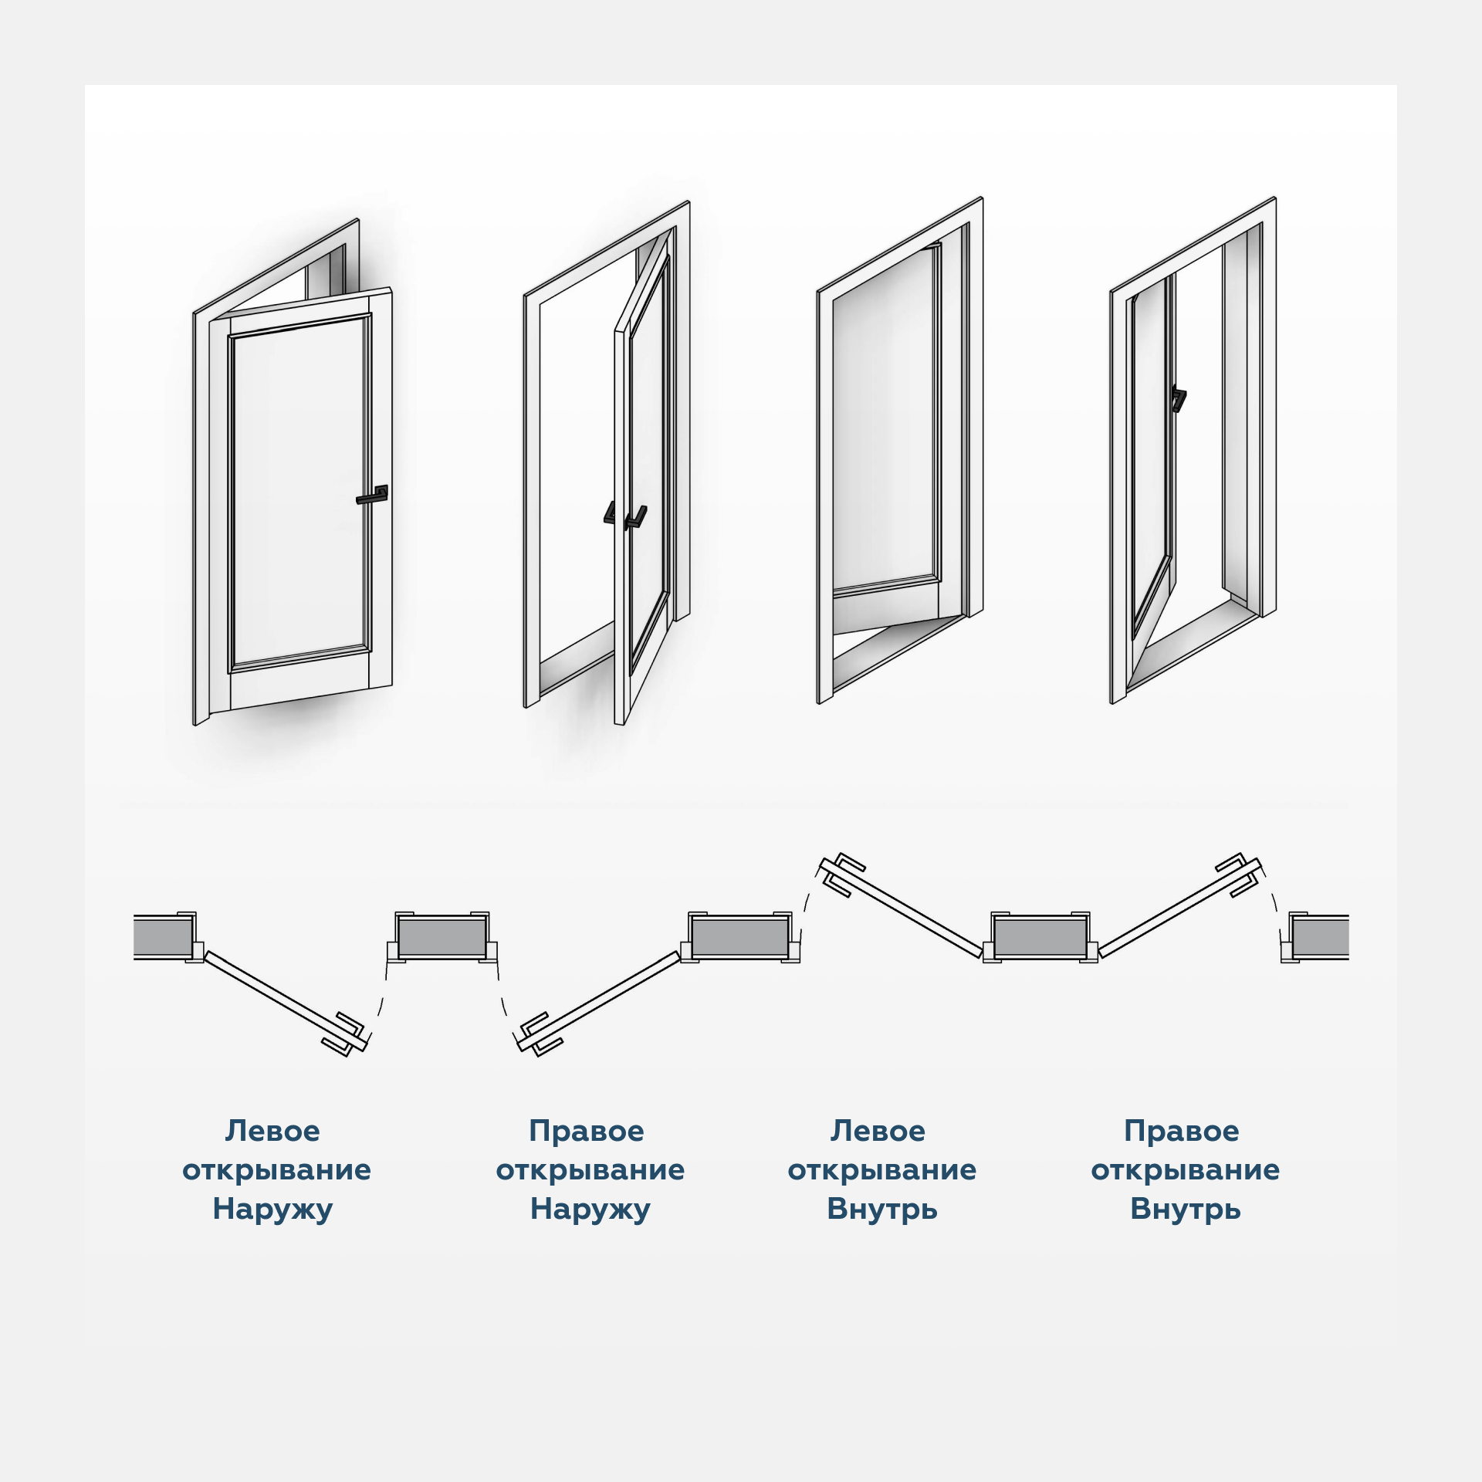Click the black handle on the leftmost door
pyautogui.click(x=373, y=496)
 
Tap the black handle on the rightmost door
pyautogui.click(x=1178, y=398)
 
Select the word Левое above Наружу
pyautogui.click(x=272, y=1132)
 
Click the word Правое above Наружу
pyautogui.click(x=587, y=1132)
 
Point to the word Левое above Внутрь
pyautogui.click(x=878, y=1132)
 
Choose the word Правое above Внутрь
pyautogui.click(x=1182, y=1132)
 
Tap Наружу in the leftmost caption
pyautogui.click(x=272, y=1209)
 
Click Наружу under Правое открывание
pyautogui.click(x=590, y=1209)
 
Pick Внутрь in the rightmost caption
pyautogui.click(x=1186, y=1209)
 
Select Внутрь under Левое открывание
pyautogui.click(x=882, y=1209)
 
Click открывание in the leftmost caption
pyautogui.click(x=276, y=1170)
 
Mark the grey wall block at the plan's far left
pyautogui.click(x=162, y=937)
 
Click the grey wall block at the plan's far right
pyautogui.click(x=1321, y=937)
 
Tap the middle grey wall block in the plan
pyautogui.click(x=741, y=937)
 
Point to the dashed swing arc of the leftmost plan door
pyautogui.click(x=379, y=1003)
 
